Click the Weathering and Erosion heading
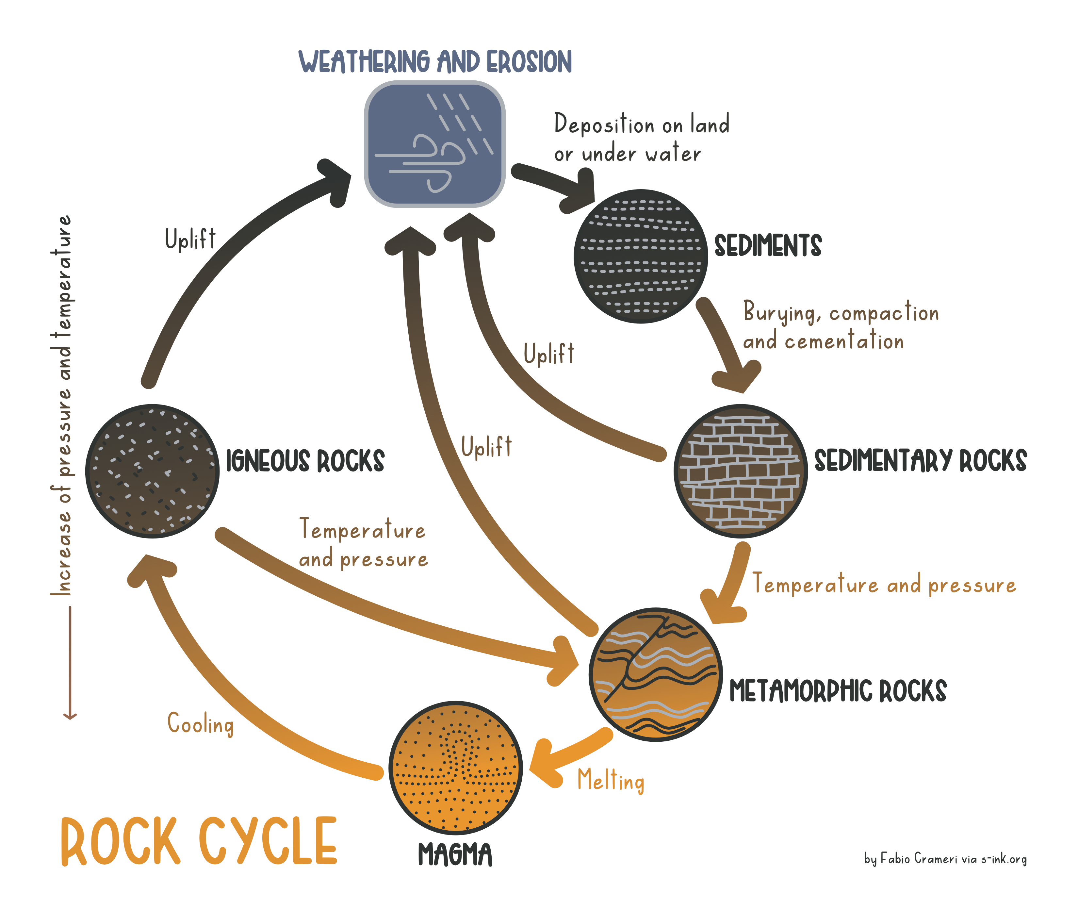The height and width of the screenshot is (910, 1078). (x=435, y=62)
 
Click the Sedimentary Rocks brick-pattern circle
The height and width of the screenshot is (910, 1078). (x=740, y=471)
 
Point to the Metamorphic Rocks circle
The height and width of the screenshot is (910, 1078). (x=655, y=674)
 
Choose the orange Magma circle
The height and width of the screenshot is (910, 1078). (x=455, y=768)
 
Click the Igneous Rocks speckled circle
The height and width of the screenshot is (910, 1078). (x=152, y=471)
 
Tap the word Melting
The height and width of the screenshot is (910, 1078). (x=611, y=780)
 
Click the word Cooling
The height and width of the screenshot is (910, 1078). (x=201, y=724)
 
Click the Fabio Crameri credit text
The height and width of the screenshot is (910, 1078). (x=945, y=859)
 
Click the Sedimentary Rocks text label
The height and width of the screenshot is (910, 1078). (x=920, y=461)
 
